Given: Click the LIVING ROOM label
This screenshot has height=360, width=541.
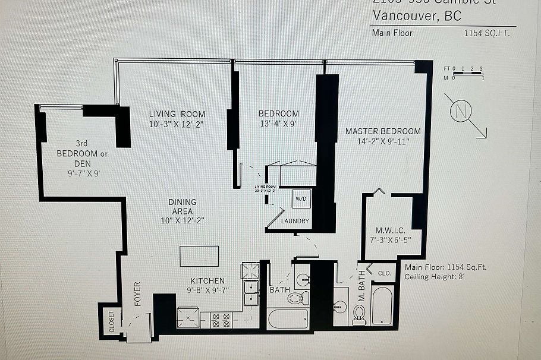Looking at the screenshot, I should [177, 114].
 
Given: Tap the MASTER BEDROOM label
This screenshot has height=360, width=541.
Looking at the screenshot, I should [383, 131].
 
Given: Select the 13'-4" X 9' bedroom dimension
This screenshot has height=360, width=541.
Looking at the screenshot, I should [278, 124].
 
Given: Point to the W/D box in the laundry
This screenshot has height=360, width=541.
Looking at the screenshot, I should [301, 198].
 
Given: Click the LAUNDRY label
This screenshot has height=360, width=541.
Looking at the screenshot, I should [295, 221].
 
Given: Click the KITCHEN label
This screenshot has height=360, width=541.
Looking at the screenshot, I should [207, 281].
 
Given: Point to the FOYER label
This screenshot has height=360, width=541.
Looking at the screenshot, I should [137, 293].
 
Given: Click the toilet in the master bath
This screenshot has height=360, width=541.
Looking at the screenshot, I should [358, 312].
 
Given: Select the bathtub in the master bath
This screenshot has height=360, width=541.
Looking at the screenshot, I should [382, 305].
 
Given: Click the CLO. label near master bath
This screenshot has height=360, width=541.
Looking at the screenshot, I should [385, 273].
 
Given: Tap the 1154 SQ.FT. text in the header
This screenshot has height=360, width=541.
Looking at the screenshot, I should [487, 33].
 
